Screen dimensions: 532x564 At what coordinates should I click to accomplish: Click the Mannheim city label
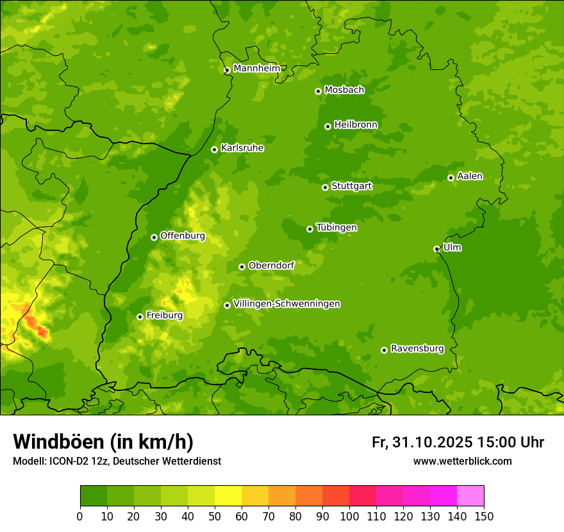[x=256, y=68]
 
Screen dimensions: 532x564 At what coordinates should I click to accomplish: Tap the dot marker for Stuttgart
[x=325, y=187]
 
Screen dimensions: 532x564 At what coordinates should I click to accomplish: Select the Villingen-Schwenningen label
[x=286, y=304]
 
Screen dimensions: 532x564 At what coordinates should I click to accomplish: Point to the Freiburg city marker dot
[x=140, y=317]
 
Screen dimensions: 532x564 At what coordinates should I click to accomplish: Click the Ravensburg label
[x=417, y=349]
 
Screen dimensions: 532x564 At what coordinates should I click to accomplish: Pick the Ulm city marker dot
[x=436, y=249]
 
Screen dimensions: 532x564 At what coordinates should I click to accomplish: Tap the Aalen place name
[x=469, y=176]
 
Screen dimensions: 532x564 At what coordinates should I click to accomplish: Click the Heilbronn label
[x=355, y=124]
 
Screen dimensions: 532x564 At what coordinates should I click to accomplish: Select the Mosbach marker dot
[x=318, y=91]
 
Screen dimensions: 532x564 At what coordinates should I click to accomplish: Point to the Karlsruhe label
[x=242, y=148]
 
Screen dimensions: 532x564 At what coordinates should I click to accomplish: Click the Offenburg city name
[x=182, y=236]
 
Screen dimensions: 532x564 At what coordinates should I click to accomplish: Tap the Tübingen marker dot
[x=310, y=229]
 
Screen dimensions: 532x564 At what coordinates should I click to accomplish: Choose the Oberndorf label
[x=271, y=265]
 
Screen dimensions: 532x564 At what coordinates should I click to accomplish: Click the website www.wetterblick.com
[x=462, y=461]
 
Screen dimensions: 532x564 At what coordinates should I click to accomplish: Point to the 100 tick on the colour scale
[x=349, y=515]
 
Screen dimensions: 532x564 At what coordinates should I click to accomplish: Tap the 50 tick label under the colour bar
[x=215, y=515]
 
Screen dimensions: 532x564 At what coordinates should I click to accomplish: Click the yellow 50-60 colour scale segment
[x=228, y=496]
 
